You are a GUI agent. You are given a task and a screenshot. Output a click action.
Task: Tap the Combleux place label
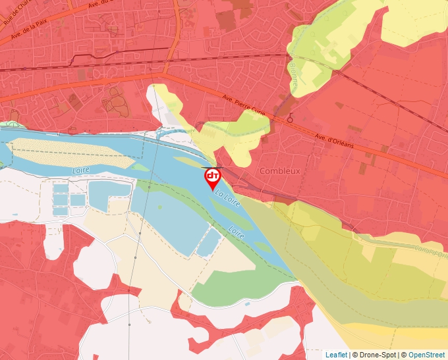(x=280, y=170)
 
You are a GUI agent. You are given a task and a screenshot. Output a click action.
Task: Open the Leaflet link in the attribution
(x=336, y=355)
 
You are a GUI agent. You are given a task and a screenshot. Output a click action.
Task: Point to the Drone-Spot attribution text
(x=374, y=355)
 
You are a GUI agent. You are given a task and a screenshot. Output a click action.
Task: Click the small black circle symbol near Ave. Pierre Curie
(x=290, y=119)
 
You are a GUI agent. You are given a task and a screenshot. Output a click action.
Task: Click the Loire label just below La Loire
(x=237, y=232)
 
